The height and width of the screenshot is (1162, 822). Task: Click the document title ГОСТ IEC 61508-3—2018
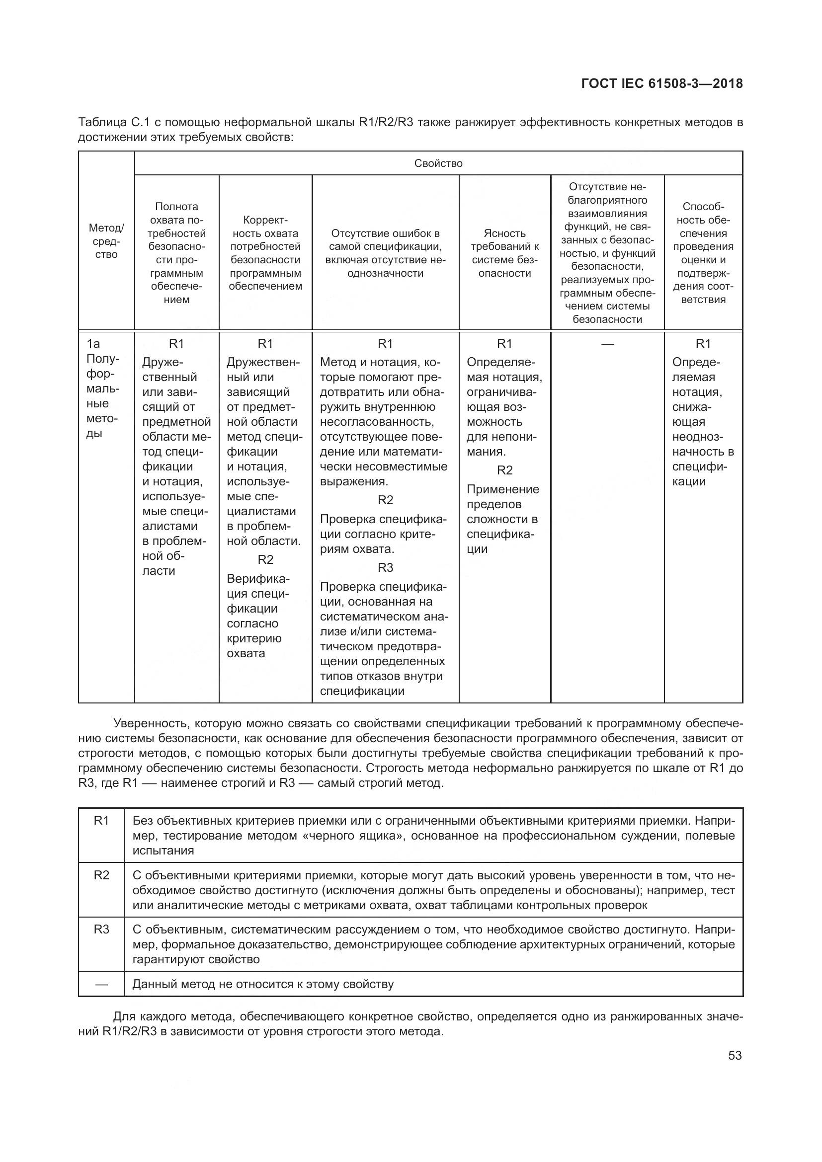tap(662, 83)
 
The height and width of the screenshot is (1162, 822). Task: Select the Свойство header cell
tap(438, 163)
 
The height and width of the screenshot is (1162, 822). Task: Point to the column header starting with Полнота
tap(176, 252)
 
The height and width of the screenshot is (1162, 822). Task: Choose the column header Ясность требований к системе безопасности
tap(504, 253)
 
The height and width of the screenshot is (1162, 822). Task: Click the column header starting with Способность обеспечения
tap(703, 252)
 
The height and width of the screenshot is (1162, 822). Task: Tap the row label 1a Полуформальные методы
tap(103, 388)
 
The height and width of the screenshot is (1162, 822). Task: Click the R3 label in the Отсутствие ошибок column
tap(385, 568)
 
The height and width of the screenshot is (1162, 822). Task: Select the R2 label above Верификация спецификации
tap(265, 559)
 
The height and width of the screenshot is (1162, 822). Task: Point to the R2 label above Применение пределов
tap(504, 470)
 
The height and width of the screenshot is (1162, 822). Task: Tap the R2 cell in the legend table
tap(102, 875)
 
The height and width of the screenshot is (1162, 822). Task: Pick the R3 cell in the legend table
tap(102, 930)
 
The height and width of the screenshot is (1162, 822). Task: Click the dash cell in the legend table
tap(102, 984)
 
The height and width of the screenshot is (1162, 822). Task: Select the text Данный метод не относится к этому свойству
tap(263, 984)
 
